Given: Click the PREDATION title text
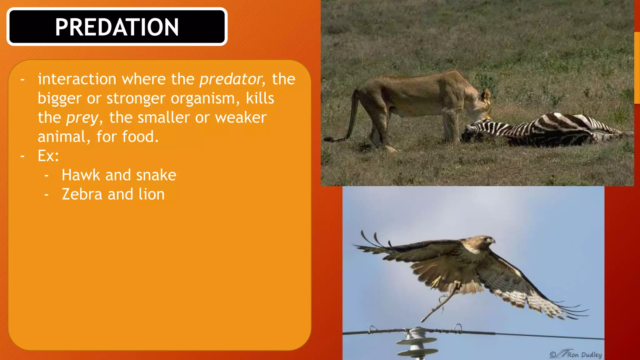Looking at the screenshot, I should (x=117, y=27).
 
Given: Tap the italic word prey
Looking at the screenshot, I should (x=82, y=117).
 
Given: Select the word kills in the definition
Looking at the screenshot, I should (x=260, y=98).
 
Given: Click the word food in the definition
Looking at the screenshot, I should (x=140, y=137).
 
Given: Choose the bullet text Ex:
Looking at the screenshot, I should (x=48, y=156).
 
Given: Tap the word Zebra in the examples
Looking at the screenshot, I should (x=82, y=194).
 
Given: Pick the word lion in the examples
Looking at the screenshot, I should (x=152, y=194).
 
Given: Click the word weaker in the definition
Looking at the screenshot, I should (x=241, y=117).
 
